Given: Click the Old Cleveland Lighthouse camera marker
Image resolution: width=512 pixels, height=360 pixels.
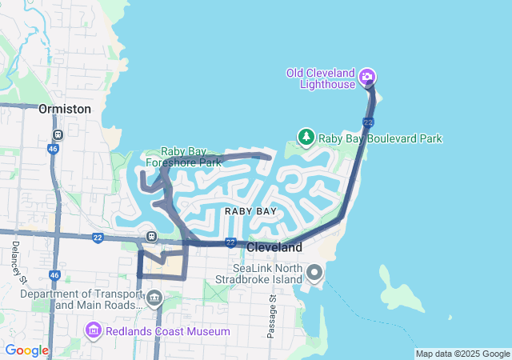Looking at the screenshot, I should tap(368, 77).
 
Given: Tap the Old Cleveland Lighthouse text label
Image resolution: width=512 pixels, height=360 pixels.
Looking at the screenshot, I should tap(322, 79).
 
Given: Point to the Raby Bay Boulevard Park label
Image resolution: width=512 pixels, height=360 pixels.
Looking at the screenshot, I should tap(380, 138).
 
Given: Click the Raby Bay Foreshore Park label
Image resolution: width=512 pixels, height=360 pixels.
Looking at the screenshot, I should tap(190, 157).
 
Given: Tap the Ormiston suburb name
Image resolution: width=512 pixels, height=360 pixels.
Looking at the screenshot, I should tap(65, 108).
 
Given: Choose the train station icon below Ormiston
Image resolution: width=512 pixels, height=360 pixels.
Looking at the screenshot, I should tap(57, 134).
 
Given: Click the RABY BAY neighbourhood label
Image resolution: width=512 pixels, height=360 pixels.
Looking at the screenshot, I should tap(250, 211).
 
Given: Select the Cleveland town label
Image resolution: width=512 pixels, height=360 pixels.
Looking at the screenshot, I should tap(274, 247).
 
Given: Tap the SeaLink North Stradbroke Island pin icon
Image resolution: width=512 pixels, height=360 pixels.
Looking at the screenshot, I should tap(314, 274).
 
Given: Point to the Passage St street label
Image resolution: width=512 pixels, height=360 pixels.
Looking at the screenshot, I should tap(273, 316).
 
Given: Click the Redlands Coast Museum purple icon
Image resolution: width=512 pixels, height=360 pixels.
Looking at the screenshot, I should tap(94, 330).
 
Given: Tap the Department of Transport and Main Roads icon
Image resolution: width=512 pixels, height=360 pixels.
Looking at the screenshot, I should tap(154, 300).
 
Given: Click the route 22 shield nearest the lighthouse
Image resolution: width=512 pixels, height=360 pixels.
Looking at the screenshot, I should tap(367, 122).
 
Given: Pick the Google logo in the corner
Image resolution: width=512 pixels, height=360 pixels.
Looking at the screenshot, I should tap(26, 350).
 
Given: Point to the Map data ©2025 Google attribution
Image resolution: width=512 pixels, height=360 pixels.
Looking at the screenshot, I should tap(462, 354).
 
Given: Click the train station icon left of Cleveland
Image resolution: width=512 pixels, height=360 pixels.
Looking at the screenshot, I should tap(150, 236).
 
